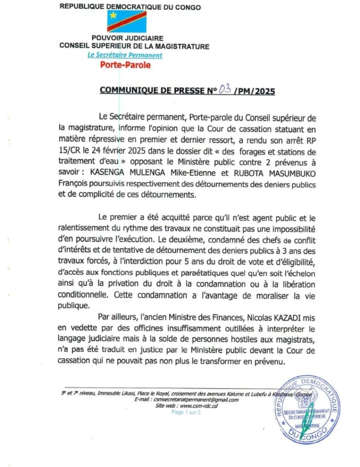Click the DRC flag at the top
tap(127, 21)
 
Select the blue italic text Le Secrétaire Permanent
tap(125, 55)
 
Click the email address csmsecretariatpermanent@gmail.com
tap(195, 400)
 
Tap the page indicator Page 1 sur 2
tap(189, 411)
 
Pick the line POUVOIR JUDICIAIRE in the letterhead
tap(127, 38)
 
